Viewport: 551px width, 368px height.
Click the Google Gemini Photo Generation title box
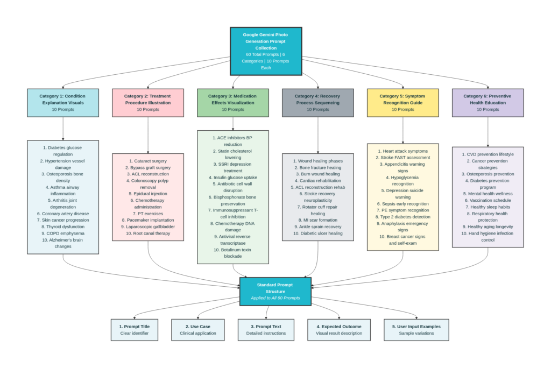click(x=266, y=51)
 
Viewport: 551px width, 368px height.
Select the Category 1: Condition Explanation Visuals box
click(x=63, y=103)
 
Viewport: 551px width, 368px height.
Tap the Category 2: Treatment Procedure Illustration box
click(x=148, y=103)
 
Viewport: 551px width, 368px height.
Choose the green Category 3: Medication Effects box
click(x=232, y=103)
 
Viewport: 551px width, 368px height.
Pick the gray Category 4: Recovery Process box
click(x=317, y=103)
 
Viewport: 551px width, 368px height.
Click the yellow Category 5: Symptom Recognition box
click(x=402, y=103)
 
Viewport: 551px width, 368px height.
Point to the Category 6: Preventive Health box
click(x=488, y=103)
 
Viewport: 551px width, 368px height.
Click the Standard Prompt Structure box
click(x=275, y=291)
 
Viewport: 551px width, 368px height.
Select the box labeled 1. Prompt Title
click(x=134, y=330)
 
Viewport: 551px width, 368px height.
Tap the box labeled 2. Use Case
click(x=197, y=330)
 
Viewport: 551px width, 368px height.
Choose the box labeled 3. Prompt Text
click(x=266, y=330)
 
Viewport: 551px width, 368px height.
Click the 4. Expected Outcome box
click(x=338, y=330)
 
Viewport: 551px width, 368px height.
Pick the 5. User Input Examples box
click(x=416, y=330)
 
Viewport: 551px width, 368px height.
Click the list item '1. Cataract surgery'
click(x=148, y=161)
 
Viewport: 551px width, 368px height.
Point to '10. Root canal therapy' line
click(x=148, y=233)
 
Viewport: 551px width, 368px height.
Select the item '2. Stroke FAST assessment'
click(x=402, y=158)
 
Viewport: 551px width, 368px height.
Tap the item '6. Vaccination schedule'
click(x=488, y=200)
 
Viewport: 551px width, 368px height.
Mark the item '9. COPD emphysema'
click(x=63, y=233)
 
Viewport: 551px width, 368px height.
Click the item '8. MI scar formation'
click(x=317, y=220)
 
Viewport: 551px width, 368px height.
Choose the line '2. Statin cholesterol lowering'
click(x=232, y=154)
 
